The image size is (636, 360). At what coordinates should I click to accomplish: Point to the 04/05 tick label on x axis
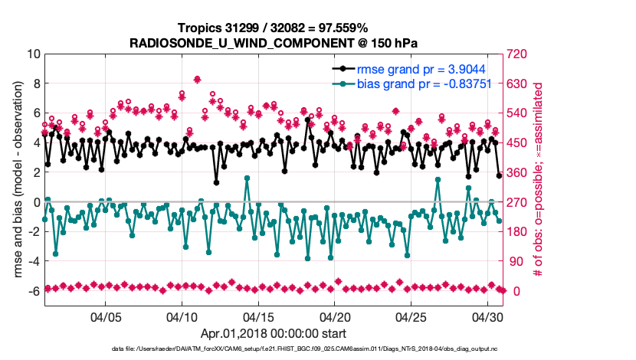click(107, 316)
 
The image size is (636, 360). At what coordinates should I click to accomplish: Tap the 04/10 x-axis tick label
click(182, 316)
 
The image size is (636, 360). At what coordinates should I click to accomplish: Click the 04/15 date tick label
click(258, 316)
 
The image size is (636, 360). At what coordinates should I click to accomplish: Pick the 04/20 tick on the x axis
click(335, 316)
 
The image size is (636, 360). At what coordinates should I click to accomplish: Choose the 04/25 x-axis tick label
click(411, 316)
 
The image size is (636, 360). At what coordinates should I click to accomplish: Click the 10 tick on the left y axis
click(33, 54)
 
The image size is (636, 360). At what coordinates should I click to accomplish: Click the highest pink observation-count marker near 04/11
click(197, 79)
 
